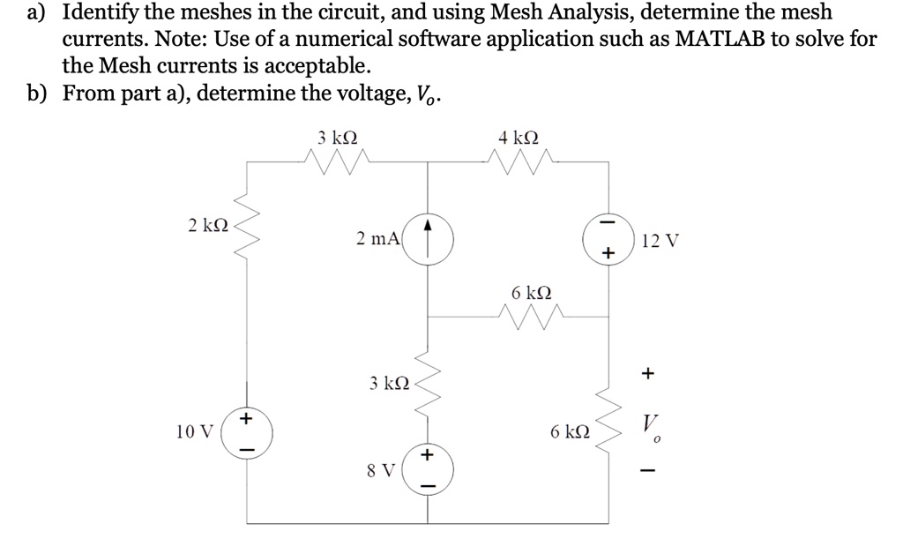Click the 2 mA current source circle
[x=429, y=238]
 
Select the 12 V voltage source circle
[x=606, y=238]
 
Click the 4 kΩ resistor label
[x=518, y=138]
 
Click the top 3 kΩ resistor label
[x=338, y=138]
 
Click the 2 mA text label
[x=377, y=237]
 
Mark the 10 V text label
[x=194, y=432]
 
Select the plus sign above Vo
[x=648, y=374]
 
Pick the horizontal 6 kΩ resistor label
[x=532, y=292]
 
